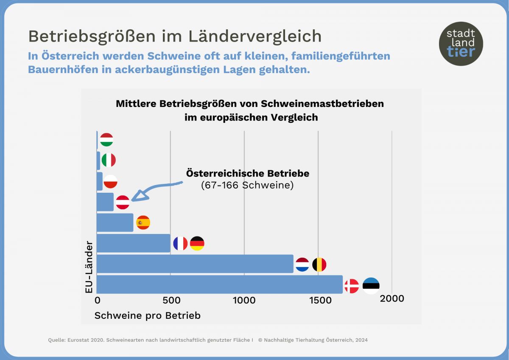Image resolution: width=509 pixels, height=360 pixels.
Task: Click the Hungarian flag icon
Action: (106, 140)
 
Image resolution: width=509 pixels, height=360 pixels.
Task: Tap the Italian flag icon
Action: (109, 160)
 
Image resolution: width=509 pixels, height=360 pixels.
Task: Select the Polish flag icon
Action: (110, 181)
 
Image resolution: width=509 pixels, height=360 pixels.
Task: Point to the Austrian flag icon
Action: (123, 202)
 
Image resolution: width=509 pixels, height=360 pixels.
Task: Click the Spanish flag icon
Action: (143, 222)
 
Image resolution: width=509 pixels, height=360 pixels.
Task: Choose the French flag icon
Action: (180, 243)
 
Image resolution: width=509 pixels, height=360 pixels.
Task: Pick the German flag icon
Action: (197, 243)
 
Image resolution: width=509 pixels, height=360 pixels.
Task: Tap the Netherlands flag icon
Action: (302, 264)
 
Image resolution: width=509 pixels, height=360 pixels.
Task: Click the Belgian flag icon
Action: (319, 264)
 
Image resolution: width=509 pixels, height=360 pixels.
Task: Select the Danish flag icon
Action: (352, 286)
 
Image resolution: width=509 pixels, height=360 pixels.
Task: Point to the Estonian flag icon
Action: (371, 286)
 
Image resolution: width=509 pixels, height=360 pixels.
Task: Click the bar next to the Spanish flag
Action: (115, 222)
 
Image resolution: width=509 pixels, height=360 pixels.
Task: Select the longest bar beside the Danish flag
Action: (220, 284)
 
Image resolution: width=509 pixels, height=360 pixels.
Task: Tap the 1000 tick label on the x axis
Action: (244, 300)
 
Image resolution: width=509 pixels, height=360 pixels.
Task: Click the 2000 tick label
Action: (392, 298)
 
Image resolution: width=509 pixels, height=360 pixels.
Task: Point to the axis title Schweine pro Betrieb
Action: (147, 315)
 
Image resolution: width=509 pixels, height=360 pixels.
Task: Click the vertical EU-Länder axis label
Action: (89, 267)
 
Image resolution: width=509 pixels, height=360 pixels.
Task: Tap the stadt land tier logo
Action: (461, 43)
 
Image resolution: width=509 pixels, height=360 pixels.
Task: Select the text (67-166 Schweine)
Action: (247, 186)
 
